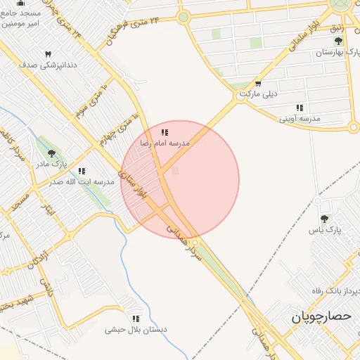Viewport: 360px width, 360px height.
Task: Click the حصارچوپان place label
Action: pyautogui.click(x=321, y=318)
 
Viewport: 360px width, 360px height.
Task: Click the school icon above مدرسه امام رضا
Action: pyautogui.click(x=165, y=132)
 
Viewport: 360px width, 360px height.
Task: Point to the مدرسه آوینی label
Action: pyautogui.click(x=300, y=119)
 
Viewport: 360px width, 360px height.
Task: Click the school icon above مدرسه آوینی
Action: pyautogui.click(x=300, y=108)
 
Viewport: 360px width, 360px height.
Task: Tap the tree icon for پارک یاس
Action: pyautogui.click(x=324, y=219)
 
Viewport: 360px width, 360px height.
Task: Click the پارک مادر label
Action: pyautogui.click(x=51, y=165)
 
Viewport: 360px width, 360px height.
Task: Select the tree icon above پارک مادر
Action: pyautogui.click(x=51, y=153)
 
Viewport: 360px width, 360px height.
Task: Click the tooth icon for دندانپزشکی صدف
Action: pyautogui.click(x=48, y=54)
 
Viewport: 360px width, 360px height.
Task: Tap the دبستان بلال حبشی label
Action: pyautogui.click(x=136, y=329)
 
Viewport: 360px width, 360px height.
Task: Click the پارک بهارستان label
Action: pyautogui.click(x=333, y=53)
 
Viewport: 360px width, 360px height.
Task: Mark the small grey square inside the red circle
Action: pyautogui.click(x=175, y=171)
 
